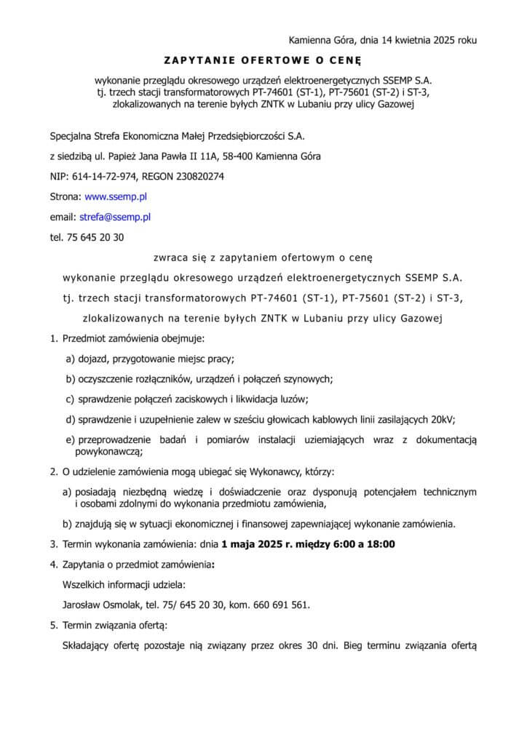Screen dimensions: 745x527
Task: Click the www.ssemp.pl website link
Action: click(116, 196)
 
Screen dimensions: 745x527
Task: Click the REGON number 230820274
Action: click(197, 176)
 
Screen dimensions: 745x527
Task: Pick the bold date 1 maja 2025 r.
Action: click(253, 543)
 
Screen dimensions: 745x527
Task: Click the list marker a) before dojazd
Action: click(71, 359)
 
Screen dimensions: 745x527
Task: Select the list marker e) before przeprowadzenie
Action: click(71, 439)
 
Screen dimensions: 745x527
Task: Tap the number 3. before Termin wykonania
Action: click(54, 543)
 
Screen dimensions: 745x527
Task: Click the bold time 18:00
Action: click(381, 543)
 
